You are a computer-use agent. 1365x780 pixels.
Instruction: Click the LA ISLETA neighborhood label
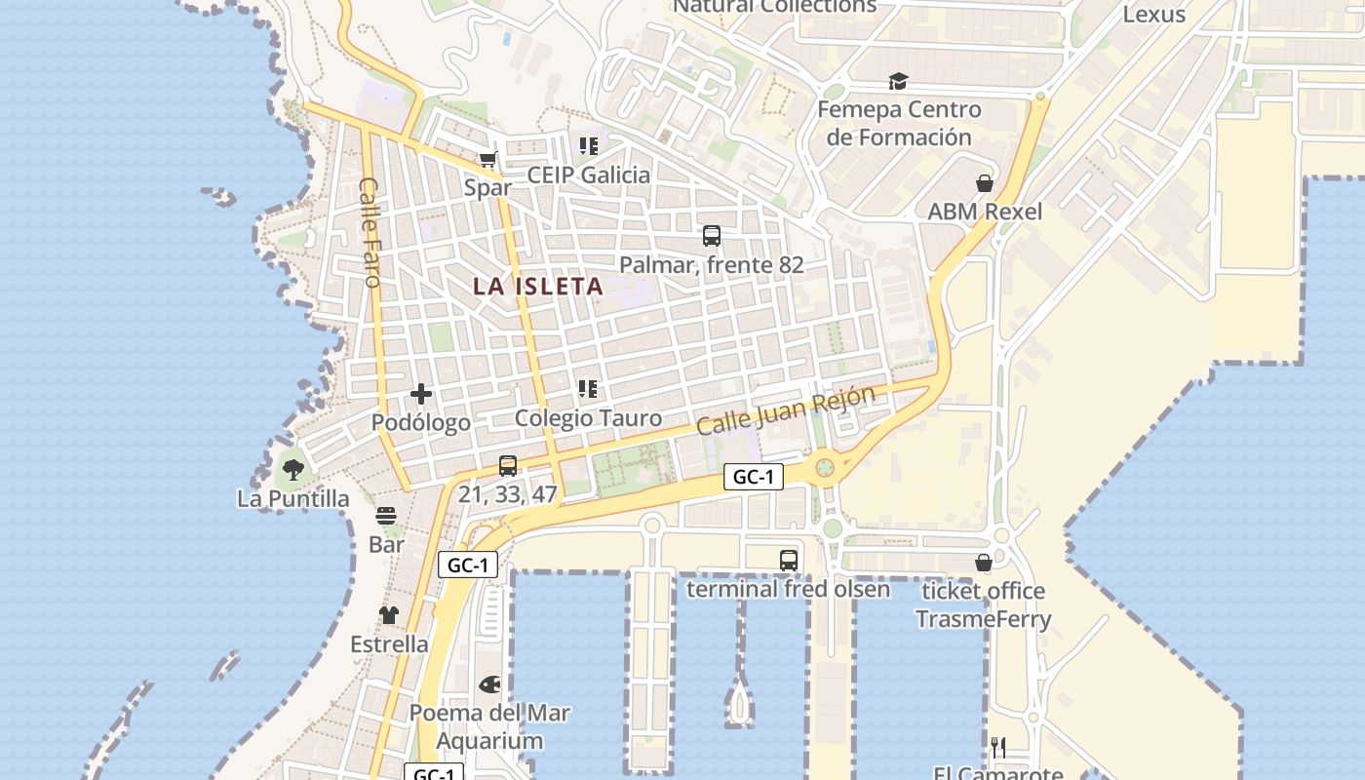point(538,287)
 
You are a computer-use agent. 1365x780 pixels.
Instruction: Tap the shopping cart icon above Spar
point(487,159)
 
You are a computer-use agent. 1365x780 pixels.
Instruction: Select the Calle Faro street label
point(369,232)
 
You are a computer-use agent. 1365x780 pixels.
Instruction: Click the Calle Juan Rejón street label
point(786,410)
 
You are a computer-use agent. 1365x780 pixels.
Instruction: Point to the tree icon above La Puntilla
point(292,470)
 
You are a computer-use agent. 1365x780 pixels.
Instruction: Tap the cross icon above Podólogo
point(421,394)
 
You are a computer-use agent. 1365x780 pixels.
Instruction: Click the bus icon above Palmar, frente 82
point(712,236)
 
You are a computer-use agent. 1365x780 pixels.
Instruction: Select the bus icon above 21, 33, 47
point(508,466)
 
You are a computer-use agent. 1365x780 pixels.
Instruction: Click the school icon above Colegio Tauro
point(588,390)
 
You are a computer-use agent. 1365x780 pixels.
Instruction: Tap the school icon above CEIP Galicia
point(588,146)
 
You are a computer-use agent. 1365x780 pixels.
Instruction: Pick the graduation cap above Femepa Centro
point(898,81)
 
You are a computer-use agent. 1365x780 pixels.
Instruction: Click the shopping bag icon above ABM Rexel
point(985,183)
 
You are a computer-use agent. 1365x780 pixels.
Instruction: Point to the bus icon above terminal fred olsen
point(789,561)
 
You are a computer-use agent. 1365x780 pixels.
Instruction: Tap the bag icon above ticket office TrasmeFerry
point(984,563)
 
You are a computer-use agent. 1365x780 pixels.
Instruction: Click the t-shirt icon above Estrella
point(389,615)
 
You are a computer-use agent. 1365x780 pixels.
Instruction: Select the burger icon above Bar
point(386,516)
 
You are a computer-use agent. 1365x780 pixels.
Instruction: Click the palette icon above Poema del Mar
point(489,684)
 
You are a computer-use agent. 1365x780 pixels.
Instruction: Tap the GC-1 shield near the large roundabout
point(754,477)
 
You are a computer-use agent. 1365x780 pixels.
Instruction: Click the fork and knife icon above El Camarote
point(998,748)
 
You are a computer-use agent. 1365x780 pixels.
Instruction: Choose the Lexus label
point(1153,15)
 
